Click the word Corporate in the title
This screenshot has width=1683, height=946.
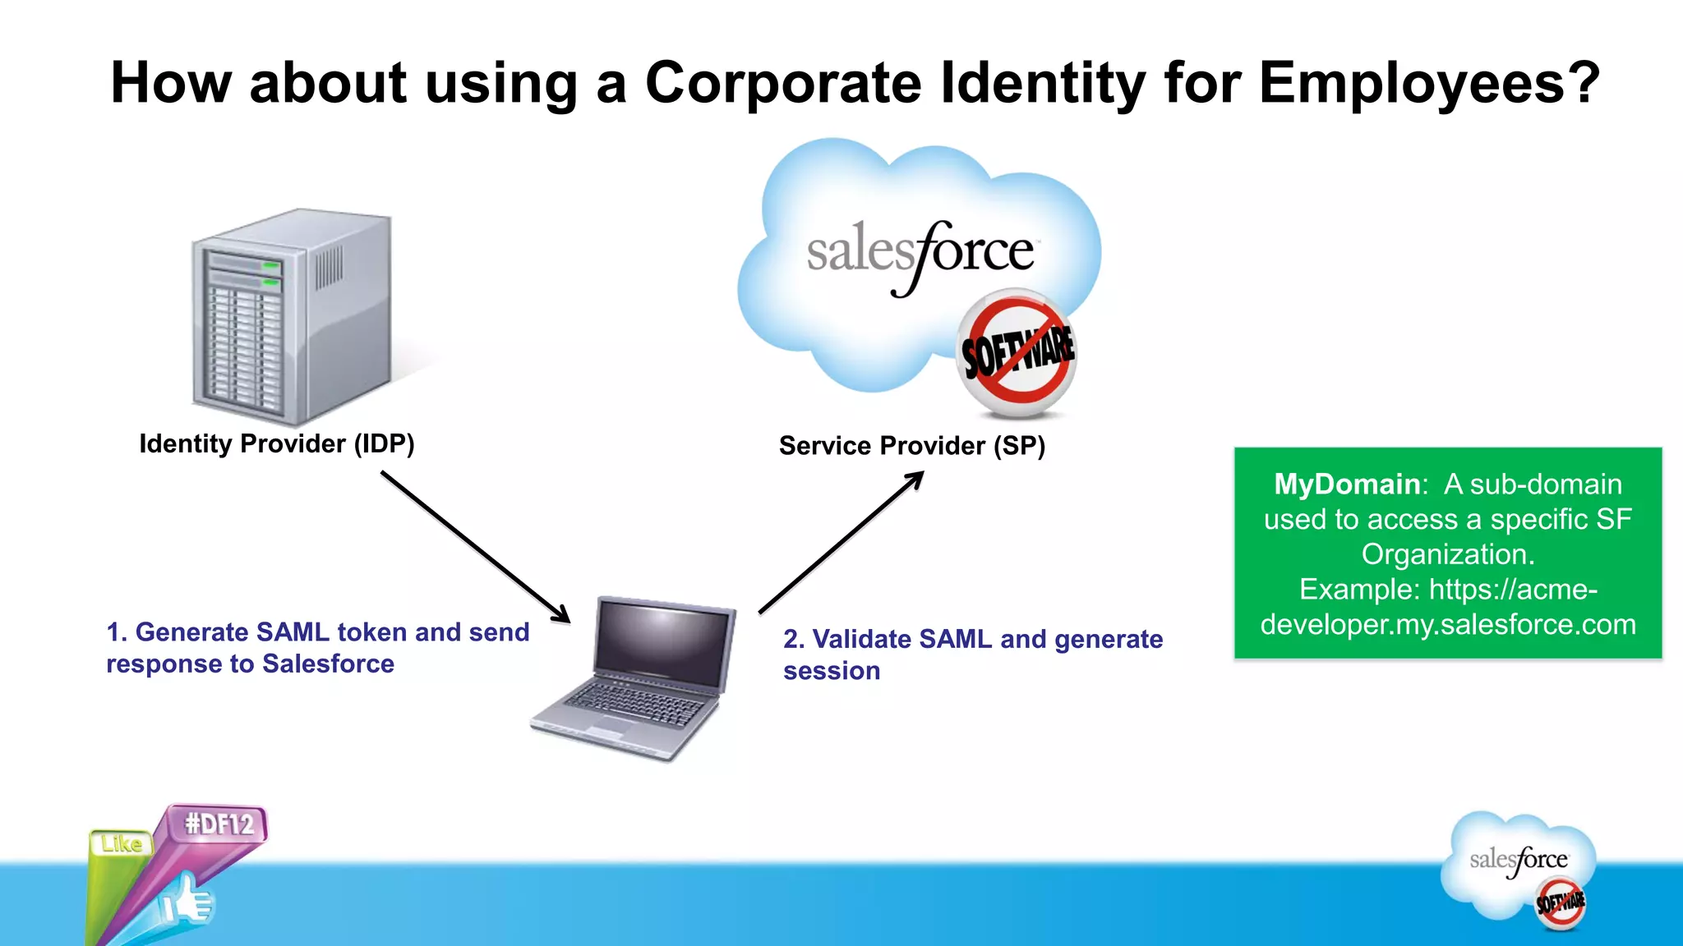(x=783, y=83)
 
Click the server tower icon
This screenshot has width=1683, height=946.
(x=292, y=316)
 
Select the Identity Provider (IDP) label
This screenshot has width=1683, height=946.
(x=277, y=443)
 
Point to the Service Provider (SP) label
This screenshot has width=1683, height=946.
(x=911, y=446)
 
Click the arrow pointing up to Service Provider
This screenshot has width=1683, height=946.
(x=841, y=543)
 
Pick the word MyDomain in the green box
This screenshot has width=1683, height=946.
(x=1346, y=484)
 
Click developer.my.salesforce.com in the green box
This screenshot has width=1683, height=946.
(x=1448, y=625)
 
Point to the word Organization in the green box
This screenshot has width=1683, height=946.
(x=1448, y=554)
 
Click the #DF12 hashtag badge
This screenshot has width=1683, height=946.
(x=219, y=824)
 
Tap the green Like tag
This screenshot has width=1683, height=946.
(x=121, y=843)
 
